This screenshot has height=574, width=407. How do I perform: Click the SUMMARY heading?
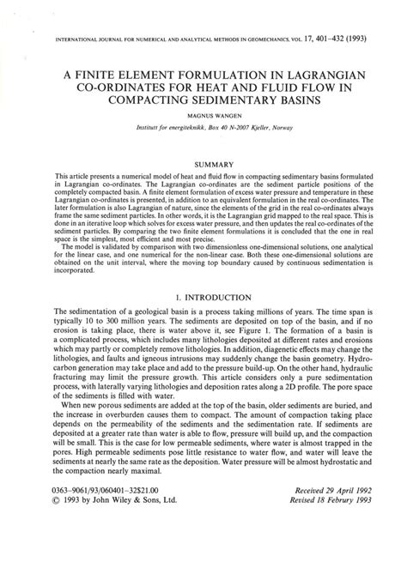pos(203,162)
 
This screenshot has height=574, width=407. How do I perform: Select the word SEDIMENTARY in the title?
pos(217,100)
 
